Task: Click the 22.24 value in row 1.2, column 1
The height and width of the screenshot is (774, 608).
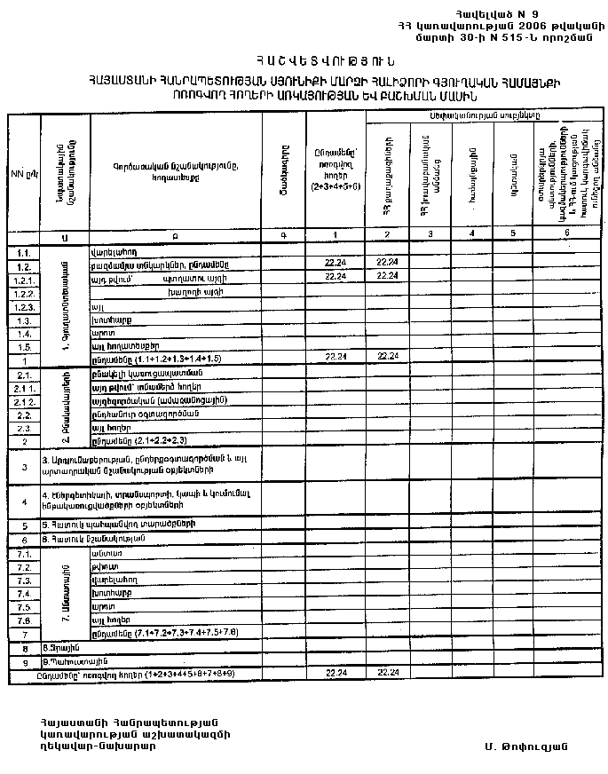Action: click(x=335, y=264)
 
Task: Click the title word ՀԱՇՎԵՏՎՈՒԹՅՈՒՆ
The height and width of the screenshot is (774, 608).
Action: click(x=308, y=61)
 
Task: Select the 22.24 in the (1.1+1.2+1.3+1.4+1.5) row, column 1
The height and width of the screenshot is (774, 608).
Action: click(x=335, y=357)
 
